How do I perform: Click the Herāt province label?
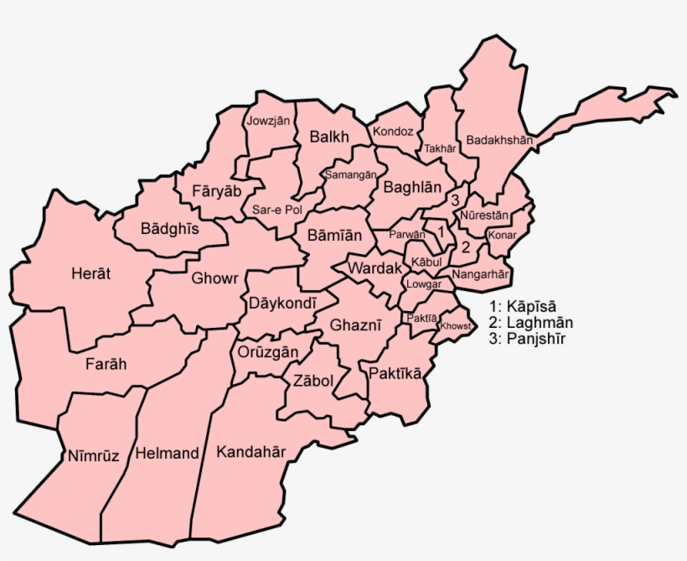91,273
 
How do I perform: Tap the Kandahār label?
251,452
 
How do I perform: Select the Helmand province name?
168,454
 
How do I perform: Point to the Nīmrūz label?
93,455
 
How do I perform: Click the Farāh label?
106,364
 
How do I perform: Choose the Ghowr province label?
215,278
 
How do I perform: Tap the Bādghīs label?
169,228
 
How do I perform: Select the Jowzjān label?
268,121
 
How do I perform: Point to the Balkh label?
328,137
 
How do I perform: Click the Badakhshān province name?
499,140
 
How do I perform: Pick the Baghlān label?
412,189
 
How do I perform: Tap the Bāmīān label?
334,236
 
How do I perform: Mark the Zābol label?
313,381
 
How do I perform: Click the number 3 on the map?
455,200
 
